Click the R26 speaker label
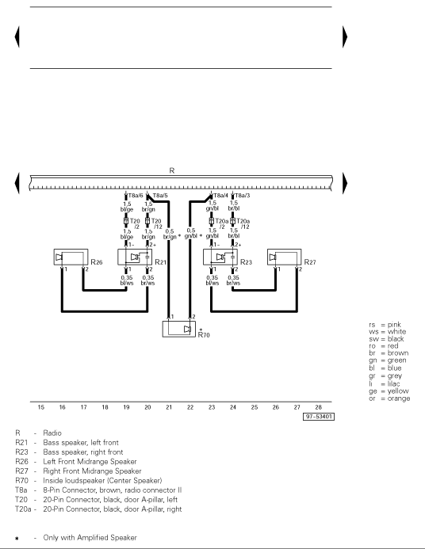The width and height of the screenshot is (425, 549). tap(97, 262)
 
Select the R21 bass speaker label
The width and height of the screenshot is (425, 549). tap(160, 262)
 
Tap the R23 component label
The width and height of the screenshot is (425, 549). tap(246, 262)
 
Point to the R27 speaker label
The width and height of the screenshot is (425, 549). tap(310, 262)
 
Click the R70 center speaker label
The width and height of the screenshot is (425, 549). tap(204, 335)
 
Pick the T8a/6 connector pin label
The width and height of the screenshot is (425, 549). tap(136, 196)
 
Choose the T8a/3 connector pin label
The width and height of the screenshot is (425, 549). tap(243, 196)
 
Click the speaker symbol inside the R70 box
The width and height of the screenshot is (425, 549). tap(187, 329)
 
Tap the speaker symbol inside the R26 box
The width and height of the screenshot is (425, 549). tap(59, 257)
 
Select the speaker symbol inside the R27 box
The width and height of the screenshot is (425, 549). tap(273, 257)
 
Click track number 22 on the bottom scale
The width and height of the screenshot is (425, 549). tap(190, 407)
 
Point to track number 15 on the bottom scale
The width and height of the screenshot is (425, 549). tap(41, 407)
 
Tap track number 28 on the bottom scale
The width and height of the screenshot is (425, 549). tap(318, 407)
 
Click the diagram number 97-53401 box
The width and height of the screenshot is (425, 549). tap(319, 417)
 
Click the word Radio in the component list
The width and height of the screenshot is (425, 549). tap(52, 433)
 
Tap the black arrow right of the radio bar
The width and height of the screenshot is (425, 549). tap(345, 183)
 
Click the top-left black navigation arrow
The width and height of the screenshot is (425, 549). tap(17, 36)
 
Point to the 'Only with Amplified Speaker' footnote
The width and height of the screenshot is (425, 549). tap(90, 537)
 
